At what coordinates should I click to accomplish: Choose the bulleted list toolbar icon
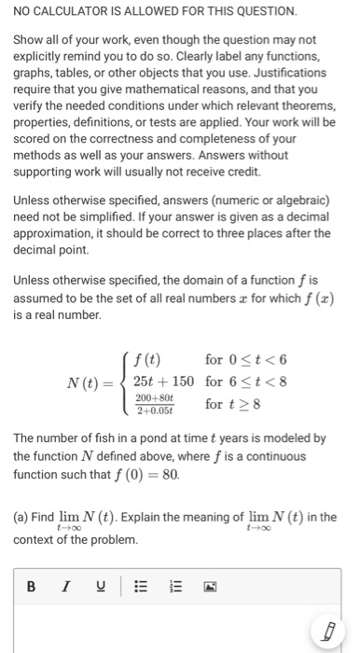click(142, 587)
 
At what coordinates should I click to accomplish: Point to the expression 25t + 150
click(164, 381)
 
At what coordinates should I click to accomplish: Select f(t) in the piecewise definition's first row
click(147, 358)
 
